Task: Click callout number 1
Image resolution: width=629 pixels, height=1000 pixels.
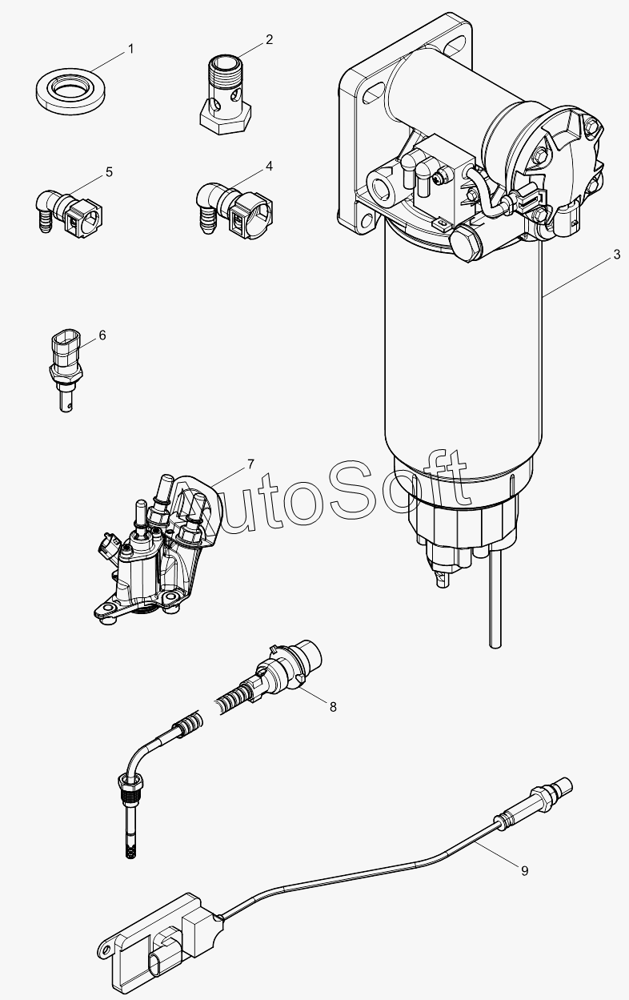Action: point(130,49)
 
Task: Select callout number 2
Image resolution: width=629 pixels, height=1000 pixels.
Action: point(269,40)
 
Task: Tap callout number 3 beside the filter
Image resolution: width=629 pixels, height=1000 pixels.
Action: point(616,255)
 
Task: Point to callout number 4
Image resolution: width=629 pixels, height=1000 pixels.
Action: point(269,167)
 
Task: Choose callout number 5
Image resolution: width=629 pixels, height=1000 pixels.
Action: point(110,172)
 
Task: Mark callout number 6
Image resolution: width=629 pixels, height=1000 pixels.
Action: point(102,335)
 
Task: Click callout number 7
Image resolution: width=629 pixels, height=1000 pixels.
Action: point(250,464)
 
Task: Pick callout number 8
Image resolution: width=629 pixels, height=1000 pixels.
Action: point(333,707)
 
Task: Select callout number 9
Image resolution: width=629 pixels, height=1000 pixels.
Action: point(524,871)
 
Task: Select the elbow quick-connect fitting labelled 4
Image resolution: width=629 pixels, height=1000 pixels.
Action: point(234,207)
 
